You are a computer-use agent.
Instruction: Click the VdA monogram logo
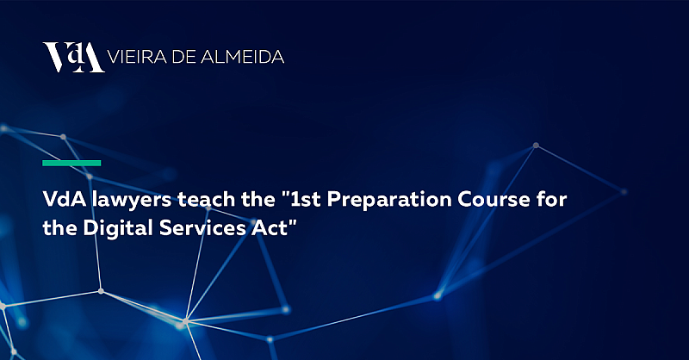73,57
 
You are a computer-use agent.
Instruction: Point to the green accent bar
72,162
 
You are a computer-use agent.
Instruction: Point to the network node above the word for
536,146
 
